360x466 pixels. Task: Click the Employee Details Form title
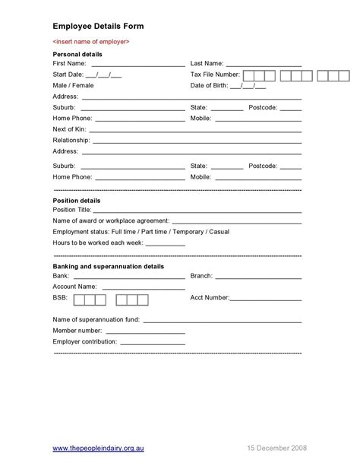pyautogui.click(x=98, y=26)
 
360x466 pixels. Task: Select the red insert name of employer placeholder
pyautogui.click(x=91, y=41)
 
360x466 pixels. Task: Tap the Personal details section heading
pyautogui.click(x=77, y=55)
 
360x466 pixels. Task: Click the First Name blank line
pyautogui.click(x=137, y=65)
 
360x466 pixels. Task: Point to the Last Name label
pyautogui.click(x=206, y=64)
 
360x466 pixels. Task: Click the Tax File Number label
pyautogui.click(x=215, y=74)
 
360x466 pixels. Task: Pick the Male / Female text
pyautogui.click(x=73, y=86)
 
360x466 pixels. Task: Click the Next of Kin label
pyautogui.click(x=68, y=129)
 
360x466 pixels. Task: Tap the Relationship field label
pyautogui.click(x=71, y=141)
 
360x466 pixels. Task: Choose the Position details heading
pyautogui.click(x=76, y=200)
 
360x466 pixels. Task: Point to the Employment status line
pyautogui.click(x=141, y=231)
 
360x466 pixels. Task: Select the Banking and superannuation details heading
pyautogui.click(x=108, y=267)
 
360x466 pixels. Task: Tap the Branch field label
pyautogui.click(x=201, y=276)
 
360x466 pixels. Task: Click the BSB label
pyautogui.click(x=60, y=299)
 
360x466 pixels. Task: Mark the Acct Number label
pyautogui.click(x=210, y=299)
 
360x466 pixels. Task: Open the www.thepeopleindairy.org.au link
pyautogui.click(x=99, y=449)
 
